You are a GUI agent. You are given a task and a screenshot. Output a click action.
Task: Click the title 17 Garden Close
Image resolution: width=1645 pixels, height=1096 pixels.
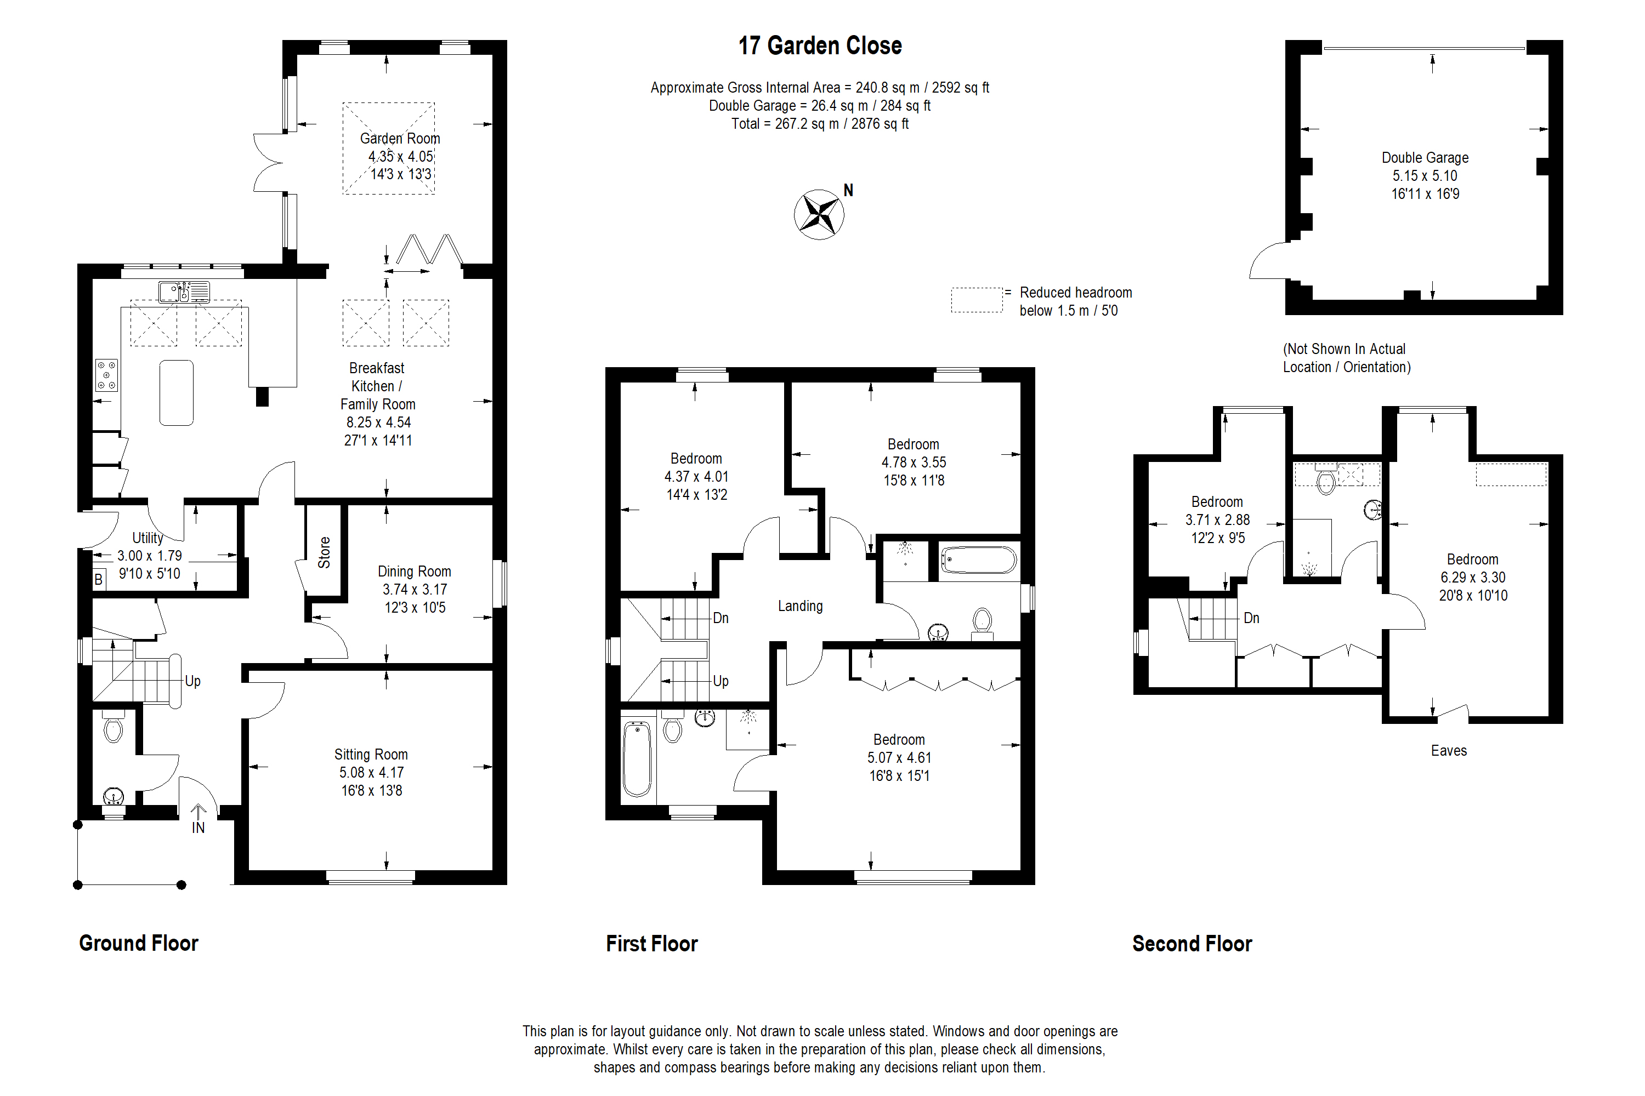[x=820, y=46]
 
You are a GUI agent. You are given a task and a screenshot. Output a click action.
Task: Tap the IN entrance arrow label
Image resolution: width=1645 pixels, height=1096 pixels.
[x=198, y=827]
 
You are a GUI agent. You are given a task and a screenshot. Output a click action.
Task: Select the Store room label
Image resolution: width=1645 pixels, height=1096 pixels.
[x=324, y=552]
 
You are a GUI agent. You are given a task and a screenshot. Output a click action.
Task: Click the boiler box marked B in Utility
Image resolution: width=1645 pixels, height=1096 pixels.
[x=99, y=579]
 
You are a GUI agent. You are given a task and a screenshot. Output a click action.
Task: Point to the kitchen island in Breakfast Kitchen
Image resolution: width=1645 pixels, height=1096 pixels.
[x=176, y=393]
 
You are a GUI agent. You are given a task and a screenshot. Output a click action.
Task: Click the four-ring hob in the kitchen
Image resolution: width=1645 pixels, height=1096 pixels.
[x=107, y=375]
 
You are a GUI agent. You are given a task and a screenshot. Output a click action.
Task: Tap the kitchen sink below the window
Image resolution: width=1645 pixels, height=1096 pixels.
[x=183, y=292]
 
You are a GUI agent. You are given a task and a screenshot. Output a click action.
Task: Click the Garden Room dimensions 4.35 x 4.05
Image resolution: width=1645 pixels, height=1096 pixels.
[x=401, y=157]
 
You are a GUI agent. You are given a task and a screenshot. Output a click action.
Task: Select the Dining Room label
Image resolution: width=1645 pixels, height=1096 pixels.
[x=414, y=571]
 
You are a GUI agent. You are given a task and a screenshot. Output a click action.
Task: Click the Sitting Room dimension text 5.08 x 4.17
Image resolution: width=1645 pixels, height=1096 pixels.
[x=371, y=772]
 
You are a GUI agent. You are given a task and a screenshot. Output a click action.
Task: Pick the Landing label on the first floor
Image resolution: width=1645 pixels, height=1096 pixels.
[x=800, y=606]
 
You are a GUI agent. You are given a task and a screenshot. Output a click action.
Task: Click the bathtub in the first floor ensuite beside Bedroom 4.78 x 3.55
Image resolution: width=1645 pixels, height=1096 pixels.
[x=978, y=560]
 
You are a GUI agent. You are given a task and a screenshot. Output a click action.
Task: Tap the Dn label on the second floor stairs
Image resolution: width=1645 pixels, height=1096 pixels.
[x=1251, y=618]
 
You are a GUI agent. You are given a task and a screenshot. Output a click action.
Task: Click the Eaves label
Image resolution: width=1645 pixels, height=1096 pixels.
[x=1449, y=751]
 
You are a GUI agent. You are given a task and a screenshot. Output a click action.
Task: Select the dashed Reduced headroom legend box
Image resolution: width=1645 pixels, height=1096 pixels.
[x=977, y=300]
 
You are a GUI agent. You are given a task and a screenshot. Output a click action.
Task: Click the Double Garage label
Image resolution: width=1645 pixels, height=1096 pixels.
[x=1425, y=158]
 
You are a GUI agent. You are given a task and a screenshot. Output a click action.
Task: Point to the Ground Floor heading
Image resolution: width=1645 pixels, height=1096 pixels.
[x=139, y=944]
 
